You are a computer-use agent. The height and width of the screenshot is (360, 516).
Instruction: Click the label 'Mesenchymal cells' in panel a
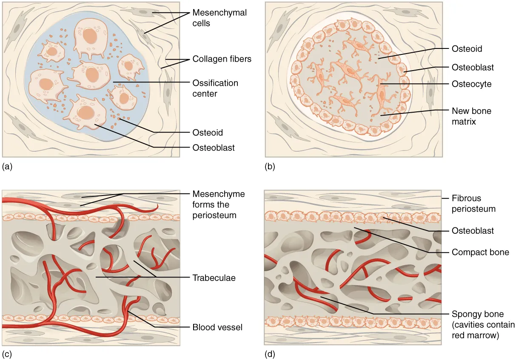pyautogui.click(x=220, y=18)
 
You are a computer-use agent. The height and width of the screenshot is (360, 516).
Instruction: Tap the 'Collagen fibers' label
pyautogui.click(x=222, y=59)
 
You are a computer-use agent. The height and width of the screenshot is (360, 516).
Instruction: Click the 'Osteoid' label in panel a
pyautogui.click(x=208, y=133)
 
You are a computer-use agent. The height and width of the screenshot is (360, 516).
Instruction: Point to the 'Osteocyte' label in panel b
pyautogui.click(x=471, y=84)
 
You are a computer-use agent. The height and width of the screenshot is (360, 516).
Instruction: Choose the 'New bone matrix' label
pyautogui.click(x=471, y=116)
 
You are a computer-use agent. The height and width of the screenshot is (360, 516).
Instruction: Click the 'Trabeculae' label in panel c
pyautogui.click(x=214, y=278)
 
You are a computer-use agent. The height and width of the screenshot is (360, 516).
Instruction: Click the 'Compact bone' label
pyautogui.click(x=480, y=252)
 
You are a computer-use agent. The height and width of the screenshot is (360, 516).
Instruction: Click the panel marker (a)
pyautogui.click(x=7, y=167)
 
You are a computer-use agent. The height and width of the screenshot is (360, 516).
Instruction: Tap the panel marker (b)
pyautogui.click(x=270, y=167)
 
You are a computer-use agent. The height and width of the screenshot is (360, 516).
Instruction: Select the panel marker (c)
pyautogui.click(x=7, y=353)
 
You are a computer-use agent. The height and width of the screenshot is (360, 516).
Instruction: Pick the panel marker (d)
pyautogui.click(x=270, y=353)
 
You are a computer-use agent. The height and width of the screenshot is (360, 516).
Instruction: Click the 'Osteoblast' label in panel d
pyautogui.click(x=473, y=231)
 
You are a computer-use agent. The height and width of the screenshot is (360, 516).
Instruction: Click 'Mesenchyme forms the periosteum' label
pyautogui.click(x=219, y=204)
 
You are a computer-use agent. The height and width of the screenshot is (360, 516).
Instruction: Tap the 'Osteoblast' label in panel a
pyautogui.click(x=214, y=148)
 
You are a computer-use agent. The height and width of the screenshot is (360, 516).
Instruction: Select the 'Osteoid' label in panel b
pyautogui.click(x=467, y=49)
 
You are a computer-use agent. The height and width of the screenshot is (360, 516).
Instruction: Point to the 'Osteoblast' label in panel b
pyautogui.click(x=473, y=67)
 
